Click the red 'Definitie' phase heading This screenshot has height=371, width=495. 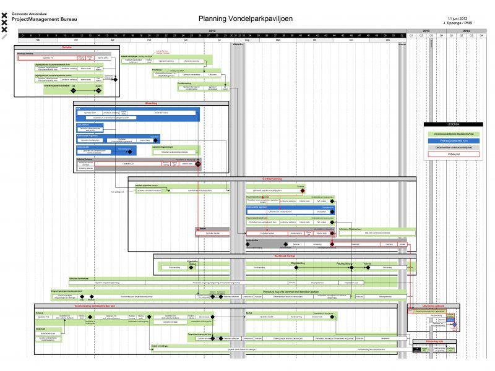(67, 47)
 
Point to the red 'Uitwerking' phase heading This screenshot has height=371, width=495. (152, 103)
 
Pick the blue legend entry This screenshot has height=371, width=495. (450, 140)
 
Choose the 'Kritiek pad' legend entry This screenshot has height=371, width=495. (450, 155)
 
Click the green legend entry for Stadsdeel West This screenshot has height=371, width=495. (450, 133)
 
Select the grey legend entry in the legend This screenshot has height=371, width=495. (450, 148)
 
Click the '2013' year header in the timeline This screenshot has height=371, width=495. (426, 30)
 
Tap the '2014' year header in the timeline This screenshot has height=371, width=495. (466, 30)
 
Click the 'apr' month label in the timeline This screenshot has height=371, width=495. (112, 40)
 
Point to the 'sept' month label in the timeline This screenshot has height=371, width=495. (278, 40)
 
